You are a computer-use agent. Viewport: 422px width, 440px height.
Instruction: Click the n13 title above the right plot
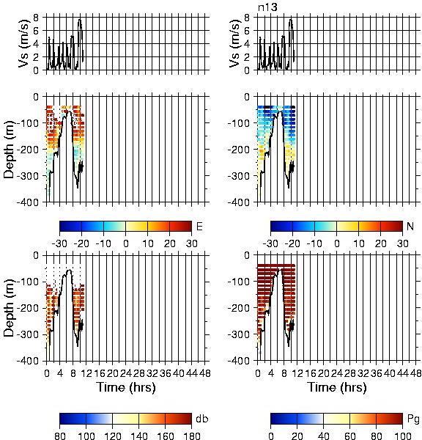[267, 7]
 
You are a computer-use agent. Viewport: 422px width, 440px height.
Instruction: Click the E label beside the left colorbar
[199, 226]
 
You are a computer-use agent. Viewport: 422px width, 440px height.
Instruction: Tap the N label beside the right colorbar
[410, 226]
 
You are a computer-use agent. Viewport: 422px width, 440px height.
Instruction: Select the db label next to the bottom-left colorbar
[202, 419]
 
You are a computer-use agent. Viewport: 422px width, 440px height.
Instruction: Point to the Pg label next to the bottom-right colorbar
[413, 419]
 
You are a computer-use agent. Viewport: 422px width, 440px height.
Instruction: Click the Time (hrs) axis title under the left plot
[126, 387]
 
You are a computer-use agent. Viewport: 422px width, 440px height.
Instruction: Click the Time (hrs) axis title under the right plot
[337, 387]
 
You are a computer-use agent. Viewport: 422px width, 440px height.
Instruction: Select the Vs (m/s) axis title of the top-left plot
[24, 43]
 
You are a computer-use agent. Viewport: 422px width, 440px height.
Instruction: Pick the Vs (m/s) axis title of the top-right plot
[235, 43]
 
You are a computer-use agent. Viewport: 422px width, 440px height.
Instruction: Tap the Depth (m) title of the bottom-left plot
[10, 308]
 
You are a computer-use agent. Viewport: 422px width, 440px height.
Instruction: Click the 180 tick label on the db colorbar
[191, 436]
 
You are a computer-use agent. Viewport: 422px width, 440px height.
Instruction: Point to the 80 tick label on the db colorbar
[60, 436]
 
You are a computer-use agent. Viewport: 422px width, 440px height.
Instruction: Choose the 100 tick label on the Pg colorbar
[402, 436]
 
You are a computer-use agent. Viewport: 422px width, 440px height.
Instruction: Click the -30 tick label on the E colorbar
[59, 243]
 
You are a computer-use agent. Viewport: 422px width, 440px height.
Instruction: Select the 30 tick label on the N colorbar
[402, 243]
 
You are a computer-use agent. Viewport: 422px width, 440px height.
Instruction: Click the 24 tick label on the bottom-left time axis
[125, 373]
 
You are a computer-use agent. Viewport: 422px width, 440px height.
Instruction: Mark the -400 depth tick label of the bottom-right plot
[238, 361]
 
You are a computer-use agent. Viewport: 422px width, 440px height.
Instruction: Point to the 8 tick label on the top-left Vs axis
[36, 18]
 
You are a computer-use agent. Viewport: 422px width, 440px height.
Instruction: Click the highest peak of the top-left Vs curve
[80, 19]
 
